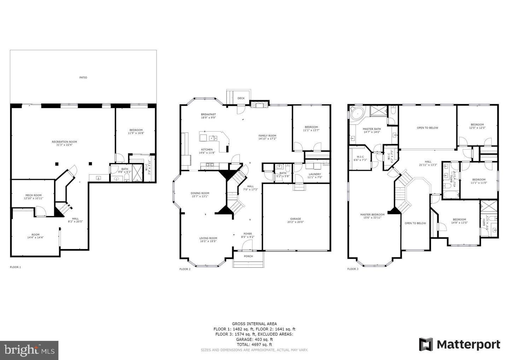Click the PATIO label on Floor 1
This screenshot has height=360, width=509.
(x=83, y=77)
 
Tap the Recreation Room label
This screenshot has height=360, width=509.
(x=64, y=143)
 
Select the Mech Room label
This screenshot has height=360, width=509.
(x=34, y=196)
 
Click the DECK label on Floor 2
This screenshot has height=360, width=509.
(x=241, y=98)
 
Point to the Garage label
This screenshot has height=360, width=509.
(x=296, y=220)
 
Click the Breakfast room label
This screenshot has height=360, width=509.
(x=208, y=116)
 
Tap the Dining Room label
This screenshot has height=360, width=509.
(x=200, y=195)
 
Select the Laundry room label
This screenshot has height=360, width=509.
(x=315, y=175)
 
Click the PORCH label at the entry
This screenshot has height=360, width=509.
(x=248, y=256)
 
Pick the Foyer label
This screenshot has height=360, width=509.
(x=248, y=235)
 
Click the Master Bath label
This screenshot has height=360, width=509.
(x=372, y=130)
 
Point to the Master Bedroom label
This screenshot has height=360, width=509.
(x=372, y=216)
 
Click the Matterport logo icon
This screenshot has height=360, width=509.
(x=426, y=344)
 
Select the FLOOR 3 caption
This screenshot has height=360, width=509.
(x=352, y=269)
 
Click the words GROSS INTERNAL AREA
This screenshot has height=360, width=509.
(x=254, y=324)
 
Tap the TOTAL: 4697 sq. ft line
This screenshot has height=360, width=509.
(x=254, y=344)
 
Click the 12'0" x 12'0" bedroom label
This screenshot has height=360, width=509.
(x=477, y=126)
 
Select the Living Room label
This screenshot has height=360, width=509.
(x=208, y=240)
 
